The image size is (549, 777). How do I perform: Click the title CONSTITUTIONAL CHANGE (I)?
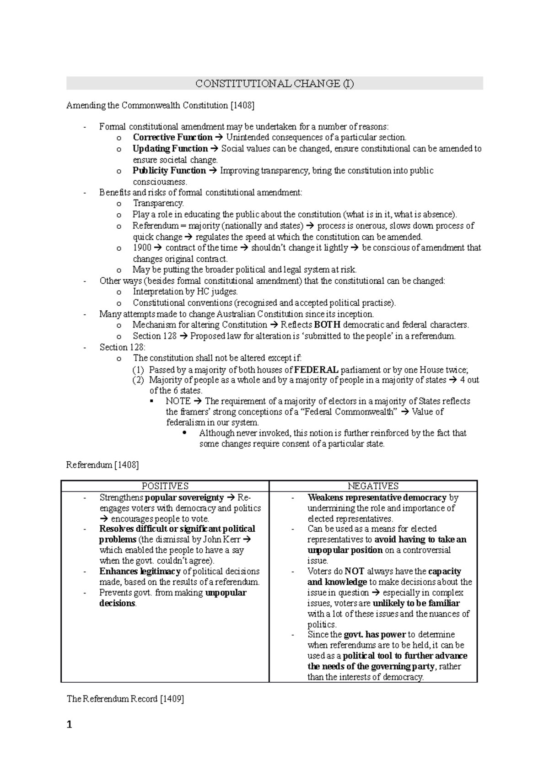[x=274, y=84]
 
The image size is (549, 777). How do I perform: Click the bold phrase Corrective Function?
[x=172, y=137]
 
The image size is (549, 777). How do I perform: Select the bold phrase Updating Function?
[x=170, y=149]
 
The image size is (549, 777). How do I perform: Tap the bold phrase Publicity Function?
[x=169, y=171]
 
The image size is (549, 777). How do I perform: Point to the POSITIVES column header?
[x=165, y=486]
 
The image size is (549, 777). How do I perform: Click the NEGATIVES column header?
[x=373, y=486]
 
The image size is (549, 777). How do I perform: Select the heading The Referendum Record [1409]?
[x=125, y=699]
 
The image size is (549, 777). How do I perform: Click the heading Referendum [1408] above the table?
[x=102, y=465]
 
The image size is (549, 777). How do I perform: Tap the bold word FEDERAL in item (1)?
[x=317, y=370]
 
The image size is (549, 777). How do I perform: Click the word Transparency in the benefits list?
[x=158, y=203]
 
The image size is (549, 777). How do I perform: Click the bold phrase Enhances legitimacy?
[x=140, y=571]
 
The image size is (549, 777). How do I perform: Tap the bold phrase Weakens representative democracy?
[x=377, y=497]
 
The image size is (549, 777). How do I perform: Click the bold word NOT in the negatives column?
[x=354, y=571]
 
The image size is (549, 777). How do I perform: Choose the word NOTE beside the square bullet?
[x=178, y=401]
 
